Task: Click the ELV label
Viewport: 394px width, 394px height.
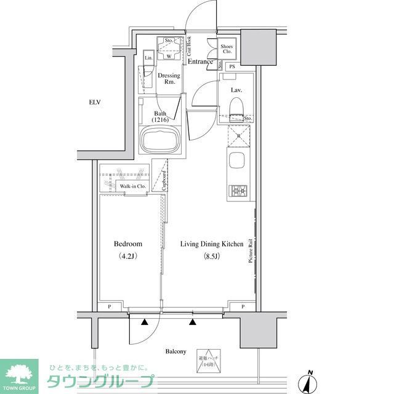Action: (x=94, y=102)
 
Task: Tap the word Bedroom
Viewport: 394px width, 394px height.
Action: (x=128, y=244)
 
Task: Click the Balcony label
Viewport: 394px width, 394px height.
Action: (x=175, y=351)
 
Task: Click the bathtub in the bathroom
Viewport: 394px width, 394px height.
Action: (x=159, y=140)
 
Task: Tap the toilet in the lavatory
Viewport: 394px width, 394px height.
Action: (x=235, y=108)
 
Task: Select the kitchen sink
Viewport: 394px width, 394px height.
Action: (x=236, y=163)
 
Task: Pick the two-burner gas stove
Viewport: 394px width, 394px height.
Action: (x=238, y=191)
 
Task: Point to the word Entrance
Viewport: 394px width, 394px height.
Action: (x=200, y=62)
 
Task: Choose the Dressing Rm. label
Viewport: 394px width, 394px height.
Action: (x=169, y=79)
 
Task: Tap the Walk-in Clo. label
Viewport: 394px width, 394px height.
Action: (x=132, y=185)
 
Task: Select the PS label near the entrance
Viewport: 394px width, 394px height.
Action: (x=232, y=66)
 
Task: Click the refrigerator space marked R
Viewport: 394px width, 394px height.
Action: (x=237, y=135)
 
